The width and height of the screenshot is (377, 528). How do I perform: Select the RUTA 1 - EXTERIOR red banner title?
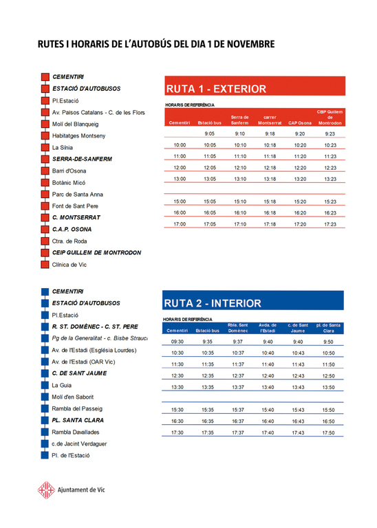tap(216, 89)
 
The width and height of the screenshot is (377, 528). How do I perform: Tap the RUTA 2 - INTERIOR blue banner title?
tap(213, 303)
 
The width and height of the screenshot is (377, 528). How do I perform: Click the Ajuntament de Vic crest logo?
tap(45, 489)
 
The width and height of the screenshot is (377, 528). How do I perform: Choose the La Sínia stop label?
tap(62, 148)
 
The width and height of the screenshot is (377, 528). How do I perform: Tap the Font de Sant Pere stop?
tap(75, 206)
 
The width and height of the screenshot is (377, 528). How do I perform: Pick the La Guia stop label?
tap(62, 386)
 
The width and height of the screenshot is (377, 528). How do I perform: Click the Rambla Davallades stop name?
tap(76, 432)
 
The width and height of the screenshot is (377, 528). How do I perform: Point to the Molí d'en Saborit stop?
tap(73, 397)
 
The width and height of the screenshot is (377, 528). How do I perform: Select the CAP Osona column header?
tap(299, 123)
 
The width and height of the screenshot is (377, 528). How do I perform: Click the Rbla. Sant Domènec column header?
tap(237, 328)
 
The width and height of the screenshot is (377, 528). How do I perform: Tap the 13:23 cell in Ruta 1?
tap(330, 179)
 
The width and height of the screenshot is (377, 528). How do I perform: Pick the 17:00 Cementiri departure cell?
tap(180, 224)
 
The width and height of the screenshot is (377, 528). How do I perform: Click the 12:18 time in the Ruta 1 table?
tap(270, 168)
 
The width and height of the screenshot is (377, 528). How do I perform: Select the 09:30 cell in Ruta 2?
tap(177, 342)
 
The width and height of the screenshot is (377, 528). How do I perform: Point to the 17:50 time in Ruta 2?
tap(328, 433)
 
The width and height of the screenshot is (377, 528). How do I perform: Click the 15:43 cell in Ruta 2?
tap(297, 410)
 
